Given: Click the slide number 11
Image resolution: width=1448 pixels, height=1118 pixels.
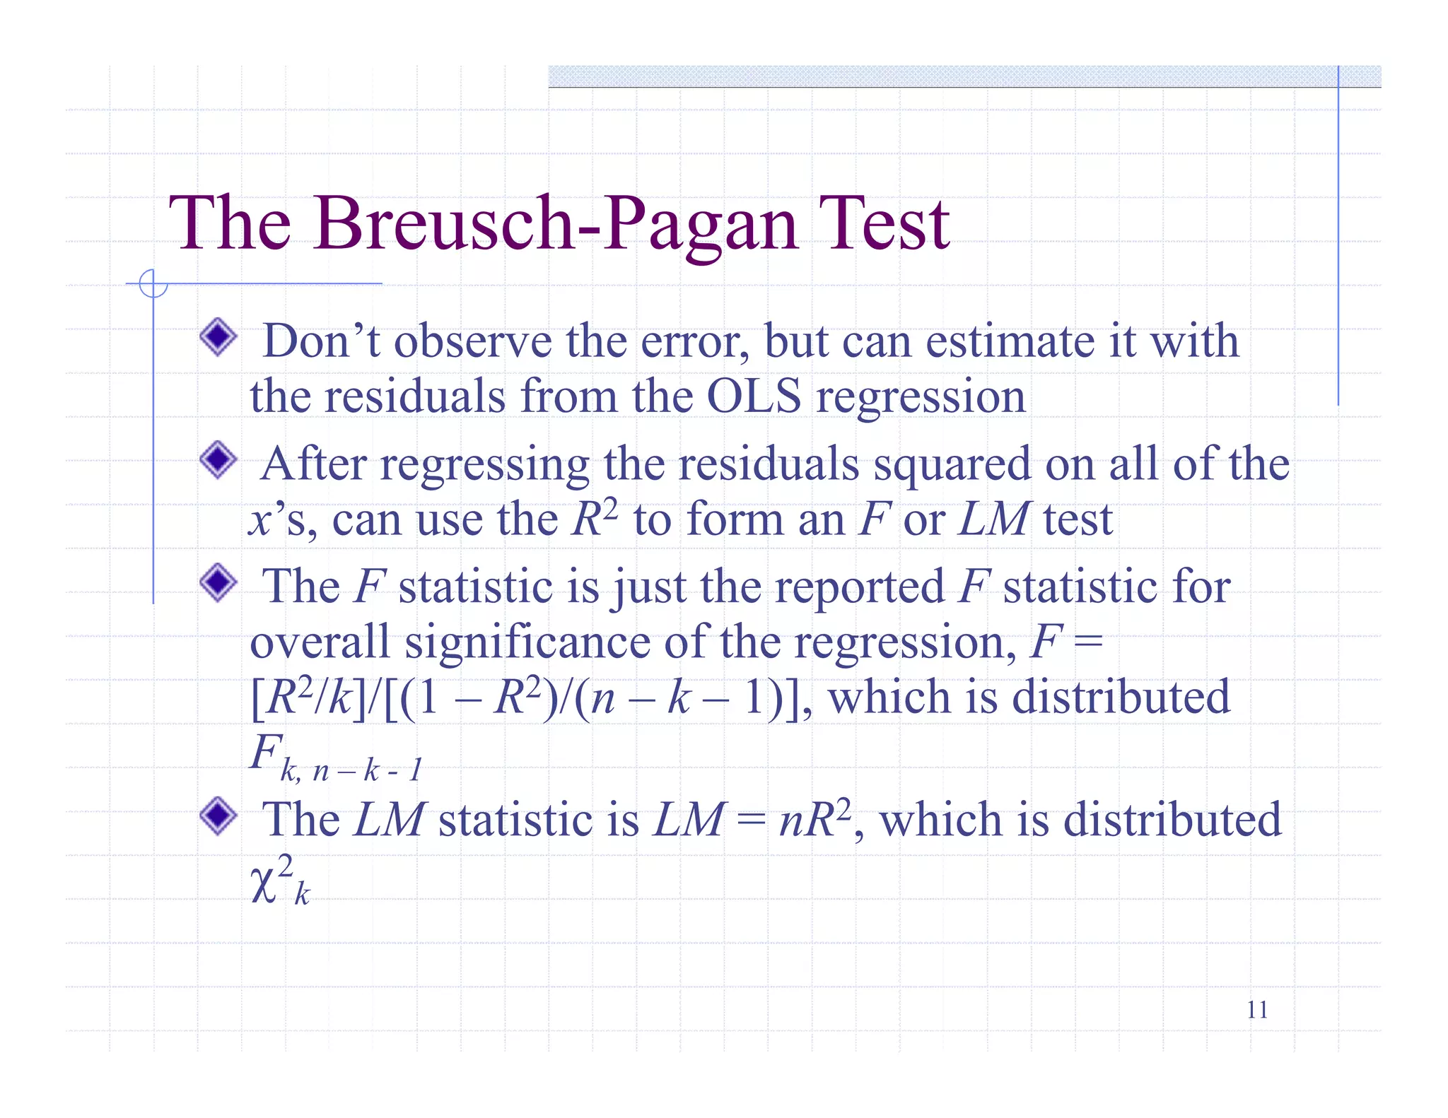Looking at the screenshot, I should click(x=1257, y=1010).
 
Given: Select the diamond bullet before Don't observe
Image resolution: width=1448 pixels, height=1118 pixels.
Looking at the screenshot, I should click(x=218, y=337).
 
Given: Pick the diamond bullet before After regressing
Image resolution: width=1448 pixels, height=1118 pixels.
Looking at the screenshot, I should click(x=218, y=460).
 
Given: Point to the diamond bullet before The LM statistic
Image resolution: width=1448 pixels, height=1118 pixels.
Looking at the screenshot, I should click(x=218, y=816).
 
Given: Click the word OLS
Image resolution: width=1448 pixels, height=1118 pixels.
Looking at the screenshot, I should click(x=754, y=396).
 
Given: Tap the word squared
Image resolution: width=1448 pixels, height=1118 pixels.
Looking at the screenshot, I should click(x=952, y=465).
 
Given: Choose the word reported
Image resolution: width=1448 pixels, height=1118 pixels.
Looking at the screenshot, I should click(x=860, y=587).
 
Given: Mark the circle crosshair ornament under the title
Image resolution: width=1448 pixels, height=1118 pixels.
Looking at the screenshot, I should click(x=153, y=283).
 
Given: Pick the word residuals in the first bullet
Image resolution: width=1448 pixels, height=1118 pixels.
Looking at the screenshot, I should click(x=415, y=396).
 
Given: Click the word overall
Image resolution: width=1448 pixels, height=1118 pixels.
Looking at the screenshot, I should click(x=320, y=642).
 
